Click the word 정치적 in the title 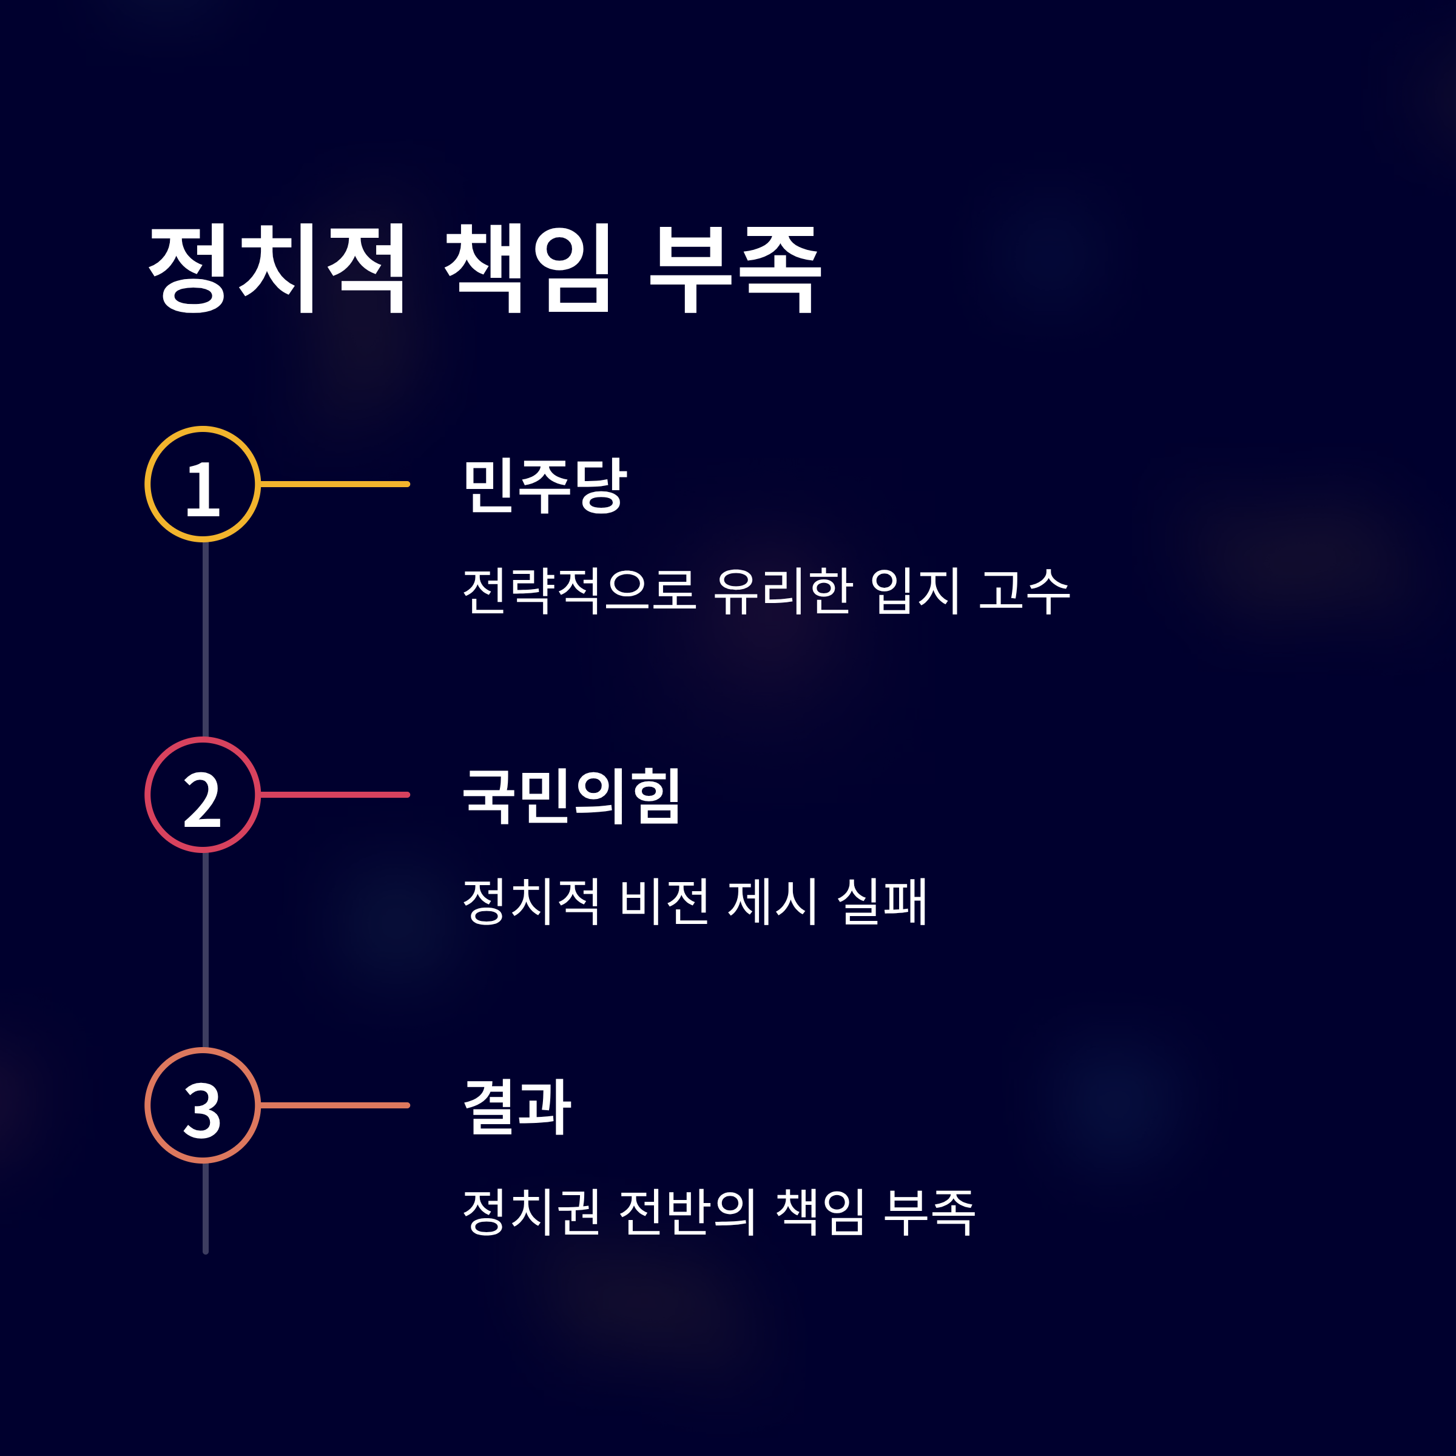point(277,268)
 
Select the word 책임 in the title point(528,268)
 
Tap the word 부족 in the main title point(735,268)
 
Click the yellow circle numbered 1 point(203,485)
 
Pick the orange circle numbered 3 point(203,1105)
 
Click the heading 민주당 point(544,485)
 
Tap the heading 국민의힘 point(571,796)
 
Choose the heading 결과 point(517,1107)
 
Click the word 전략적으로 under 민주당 point(579,591)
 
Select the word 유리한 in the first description point(783,591)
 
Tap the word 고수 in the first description point(1024,591)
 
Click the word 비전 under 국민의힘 point(664,902)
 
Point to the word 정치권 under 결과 point(531,1212)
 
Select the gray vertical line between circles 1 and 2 point(205,639)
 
